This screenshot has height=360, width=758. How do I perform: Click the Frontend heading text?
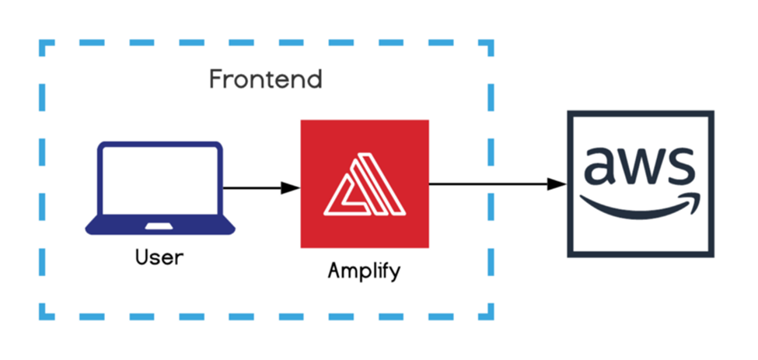click(x=265, y=79)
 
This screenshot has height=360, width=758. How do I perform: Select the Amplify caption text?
click(x=365, y=271)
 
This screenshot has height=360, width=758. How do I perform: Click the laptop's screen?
click(x=159, y=180)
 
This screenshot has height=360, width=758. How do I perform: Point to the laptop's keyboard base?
click(x=159, y=226)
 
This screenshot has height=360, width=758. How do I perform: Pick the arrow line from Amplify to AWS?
click(x=490, y=184)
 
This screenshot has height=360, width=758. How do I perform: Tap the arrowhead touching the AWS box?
click(x=557, y=184)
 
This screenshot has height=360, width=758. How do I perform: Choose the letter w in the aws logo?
click(x=639, y=166)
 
